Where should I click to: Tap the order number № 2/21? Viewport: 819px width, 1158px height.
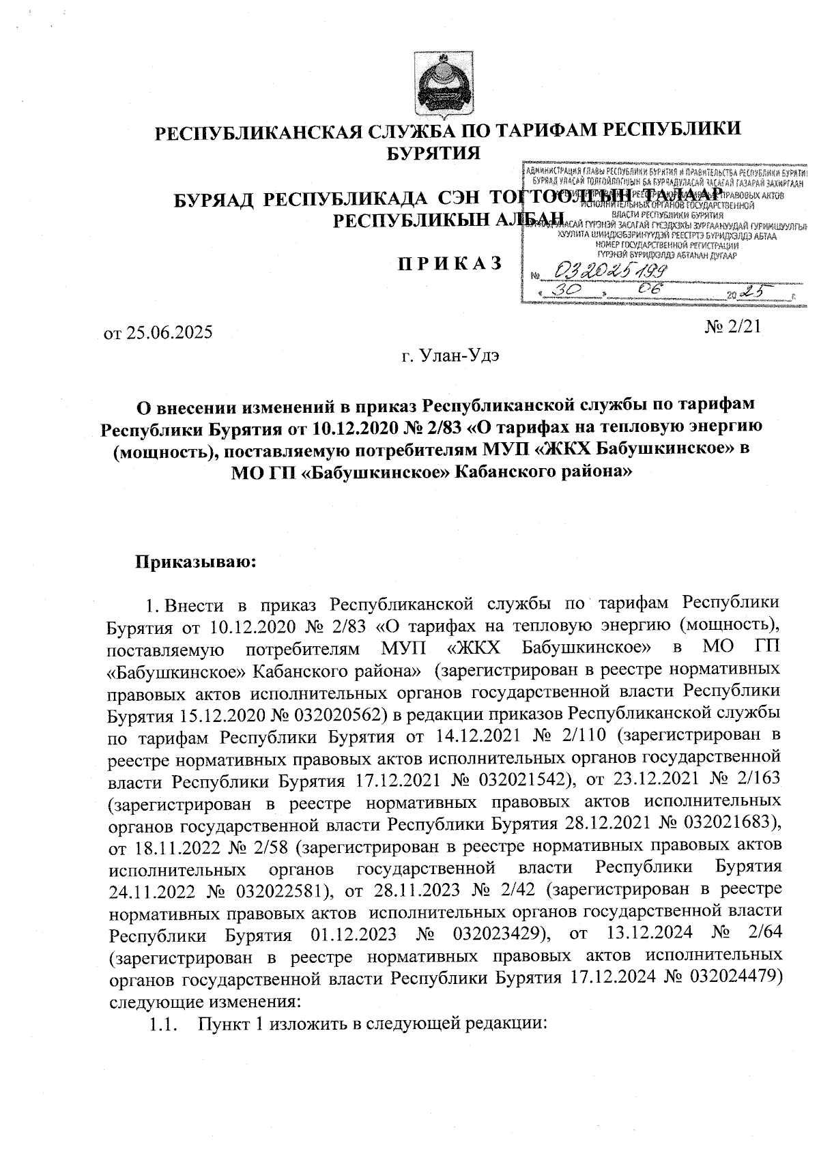(x=734, y=327)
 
